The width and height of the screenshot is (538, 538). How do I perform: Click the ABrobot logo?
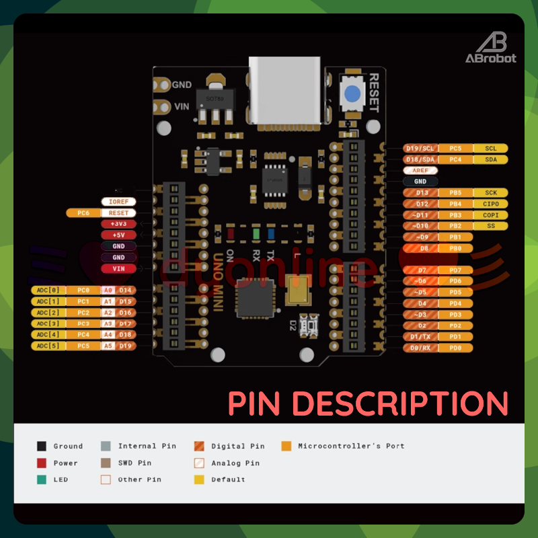pos(492,46)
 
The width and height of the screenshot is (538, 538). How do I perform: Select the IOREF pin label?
pos(118,202)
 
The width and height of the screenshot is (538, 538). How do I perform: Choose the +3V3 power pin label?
pos(118,224)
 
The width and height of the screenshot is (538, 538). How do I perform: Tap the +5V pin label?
pos(118,235)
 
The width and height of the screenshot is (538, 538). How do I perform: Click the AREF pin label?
pos(420,171)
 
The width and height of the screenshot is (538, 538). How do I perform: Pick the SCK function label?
pos(491,193)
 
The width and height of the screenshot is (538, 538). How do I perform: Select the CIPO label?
pos(491,204)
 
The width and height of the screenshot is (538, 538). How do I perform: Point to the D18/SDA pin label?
pos(420,159)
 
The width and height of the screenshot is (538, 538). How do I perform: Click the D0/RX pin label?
pos(420,348)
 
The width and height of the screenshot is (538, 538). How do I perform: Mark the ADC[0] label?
pos(48,290)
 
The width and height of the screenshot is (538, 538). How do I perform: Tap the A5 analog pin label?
pos(108,346)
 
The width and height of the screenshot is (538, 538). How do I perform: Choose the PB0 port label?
pos(455,248)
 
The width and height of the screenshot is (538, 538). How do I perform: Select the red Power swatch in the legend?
pos(42,463)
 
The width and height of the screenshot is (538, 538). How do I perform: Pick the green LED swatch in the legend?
pos(42,479)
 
